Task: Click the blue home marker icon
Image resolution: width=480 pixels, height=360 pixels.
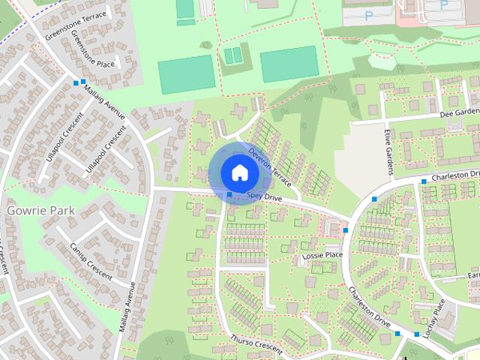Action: pos(239,172)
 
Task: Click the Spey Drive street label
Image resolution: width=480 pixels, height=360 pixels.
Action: pos(265,196)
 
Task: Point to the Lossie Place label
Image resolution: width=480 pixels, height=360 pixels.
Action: pos(322,256)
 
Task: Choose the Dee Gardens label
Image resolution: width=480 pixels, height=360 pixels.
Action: pos(459,112)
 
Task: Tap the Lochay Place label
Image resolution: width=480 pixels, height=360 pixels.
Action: pos(433,317)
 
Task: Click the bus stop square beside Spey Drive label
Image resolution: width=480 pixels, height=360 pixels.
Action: pos(229,195)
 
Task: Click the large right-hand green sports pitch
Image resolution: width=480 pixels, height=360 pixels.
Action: pos(289,64)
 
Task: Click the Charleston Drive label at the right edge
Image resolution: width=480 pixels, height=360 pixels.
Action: pos(453,177)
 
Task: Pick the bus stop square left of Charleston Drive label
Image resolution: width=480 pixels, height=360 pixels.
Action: pos(423,181)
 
